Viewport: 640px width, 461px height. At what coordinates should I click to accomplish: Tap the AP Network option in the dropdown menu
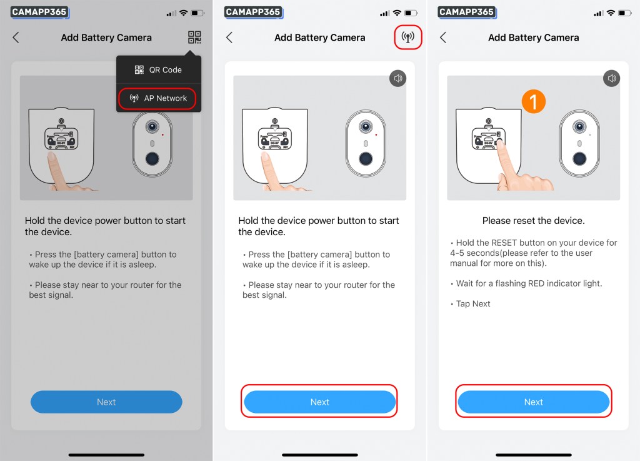158,98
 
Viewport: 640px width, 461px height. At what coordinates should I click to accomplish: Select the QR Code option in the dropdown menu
158,70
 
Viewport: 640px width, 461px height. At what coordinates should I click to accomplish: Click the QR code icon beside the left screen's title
194,37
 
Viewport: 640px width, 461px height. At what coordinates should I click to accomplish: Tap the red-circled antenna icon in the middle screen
407,37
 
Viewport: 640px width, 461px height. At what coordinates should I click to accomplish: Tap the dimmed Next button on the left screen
106,402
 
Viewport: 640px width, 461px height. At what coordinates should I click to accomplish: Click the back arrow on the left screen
16,38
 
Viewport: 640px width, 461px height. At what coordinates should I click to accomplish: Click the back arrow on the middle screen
229,38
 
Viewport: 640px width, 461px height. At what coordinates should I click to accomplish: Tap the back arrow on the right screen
443,38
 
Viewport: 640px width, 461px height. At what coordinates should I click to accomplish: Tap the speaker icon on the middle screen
398,78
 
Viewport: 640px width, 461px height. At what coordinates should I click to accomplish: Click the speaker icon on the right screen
611,78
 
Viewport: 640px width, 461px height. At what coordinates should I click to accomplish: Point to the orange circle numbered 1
534,102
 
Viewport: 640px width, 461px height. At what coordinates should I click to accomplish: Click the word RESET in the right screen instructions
504,243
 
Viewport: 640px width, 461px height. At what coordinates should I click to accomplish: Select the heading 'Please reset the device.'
534,221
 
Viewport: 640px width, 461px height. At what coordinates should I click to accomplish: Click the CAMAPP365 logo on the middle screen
253,13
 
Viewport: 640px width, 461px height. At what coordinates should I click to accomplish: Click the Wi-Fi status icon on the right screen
611,13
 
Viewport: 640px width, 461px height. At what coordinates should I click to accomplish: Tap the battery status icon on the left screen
197,13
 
